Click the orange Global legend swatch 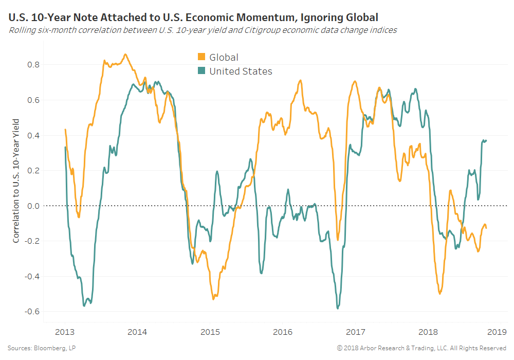[x=201, y=57]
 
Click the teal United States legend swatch [x=201, y=71]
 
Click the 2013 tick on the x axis [x=65, y=331]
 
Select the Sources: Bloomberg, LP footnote [x=40, y=349]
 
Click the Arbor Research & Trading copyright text [x=421, y=349]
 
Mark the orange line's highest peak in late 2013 [x=125, y=54]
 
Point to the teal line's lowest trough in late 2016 [x=338, y=308]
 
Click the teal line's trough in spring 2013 [x=84, y=306]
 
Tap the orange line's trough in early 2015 [x=213, y=299]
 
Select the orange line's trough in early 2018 [x=440, y=294]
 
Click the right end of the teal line [x=486, y=140]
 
